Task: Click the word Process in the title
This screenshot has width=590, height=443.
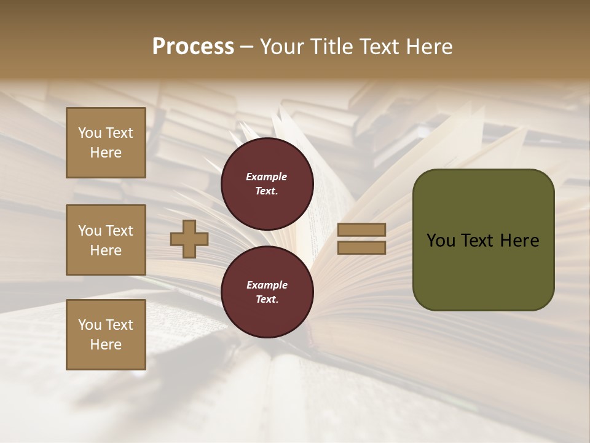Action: tap(193, 47)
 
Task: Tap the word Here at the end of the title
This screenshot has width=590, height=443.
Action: tap(430, 47)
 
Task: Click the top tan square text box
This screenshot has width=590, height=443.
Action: tap(106, 143)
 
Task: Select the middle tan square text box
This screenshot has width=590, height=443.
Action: tap(106, 240)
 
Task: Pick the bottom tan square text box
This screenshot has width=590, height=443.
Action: tap(106, 335)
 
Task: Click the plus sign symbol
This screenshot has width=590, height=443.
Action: tap(189, 239)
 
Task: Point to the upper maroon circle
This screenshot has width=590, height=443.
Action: tap(267, 183)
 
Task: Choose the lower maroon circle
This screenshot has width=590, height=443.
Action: tap(267, 292)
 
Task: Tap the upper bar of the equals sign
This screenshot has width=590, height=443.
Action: tap(361, 230)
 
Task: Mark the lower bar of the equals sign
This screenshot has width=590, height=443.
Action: tap(361, 247)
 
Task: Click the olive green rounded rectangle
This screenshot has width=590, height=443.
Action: tap(483, 239)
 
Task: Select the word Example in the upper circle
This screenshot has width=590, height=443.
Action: tap(267, 177)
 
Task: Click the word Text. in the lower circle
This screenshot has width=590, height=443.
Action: tap(267, 299)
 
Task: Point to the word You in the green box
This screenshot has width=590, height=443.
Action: tap(440, 241)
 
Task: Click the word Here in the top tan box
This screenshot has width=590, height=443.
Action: tap(106, 153)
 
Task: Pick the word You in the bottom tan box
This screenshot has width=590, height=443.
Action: tap(90, 325)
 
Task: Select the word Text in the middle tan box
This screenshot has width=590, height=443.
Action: tap(119, 231)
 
